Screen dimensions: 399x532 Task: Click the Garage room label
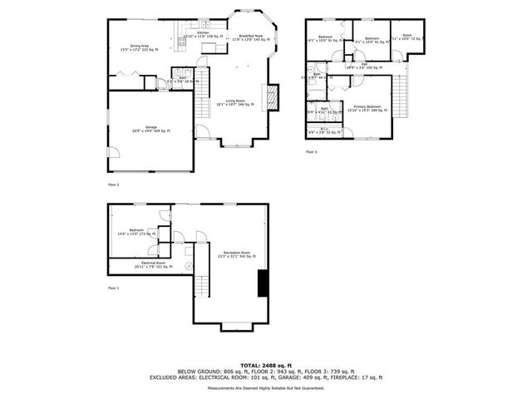tap(150, 129)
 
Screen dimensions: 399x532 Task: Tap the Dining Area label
tap(139, 48)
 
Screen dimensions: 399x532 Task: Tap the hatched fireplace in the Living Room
tap(269, 96)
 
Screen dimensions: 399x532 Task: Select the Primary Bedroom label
tap(367, 107)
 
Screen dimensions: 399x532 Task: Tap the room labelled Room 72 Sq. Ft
tap(406, 37)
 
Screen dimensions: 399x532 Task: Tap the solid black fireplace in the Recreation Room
tap(263, 283)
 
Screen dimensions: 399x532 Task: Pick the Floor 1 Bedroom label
tap(135, 232)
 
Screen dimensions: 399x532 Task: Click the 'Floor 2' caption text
tap(114, 184)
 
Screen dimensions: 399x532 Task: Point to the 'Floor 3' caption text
tap(312, 152)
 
